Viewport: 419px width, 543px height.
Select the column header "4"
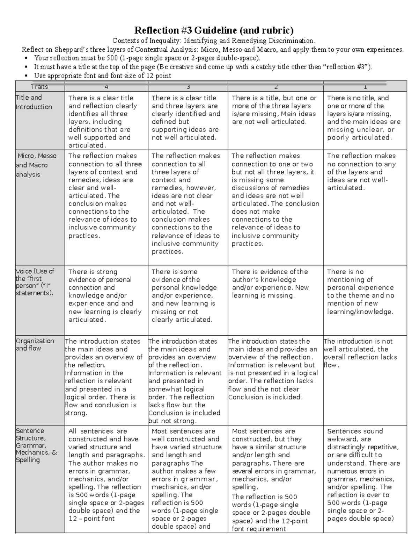tap(106, 87)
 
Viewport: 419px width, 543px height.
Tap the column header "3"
tap(188, 87)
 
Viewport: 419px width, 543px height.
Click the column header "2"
tap(276, 87)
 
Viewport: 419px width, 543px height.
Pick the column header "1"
tap(365, 87)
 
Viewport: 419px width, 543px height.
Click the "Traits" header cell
tap(39, 87)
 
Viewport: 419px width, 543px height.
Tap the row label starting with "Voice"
tap(35, 282)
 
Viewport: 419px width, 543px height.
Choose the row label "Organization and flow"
tap(35, 344)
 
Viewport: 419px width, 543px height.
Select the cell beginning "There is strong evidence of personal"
tap(105, 295)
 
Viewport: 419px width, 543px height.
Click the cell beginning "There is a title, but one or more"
tap(274, 110)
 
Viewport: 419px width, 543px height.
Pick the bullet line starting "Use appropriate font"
tap(102, 76)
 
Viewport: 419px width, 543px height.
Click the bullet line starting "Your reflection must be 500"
tap(147, 58)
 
